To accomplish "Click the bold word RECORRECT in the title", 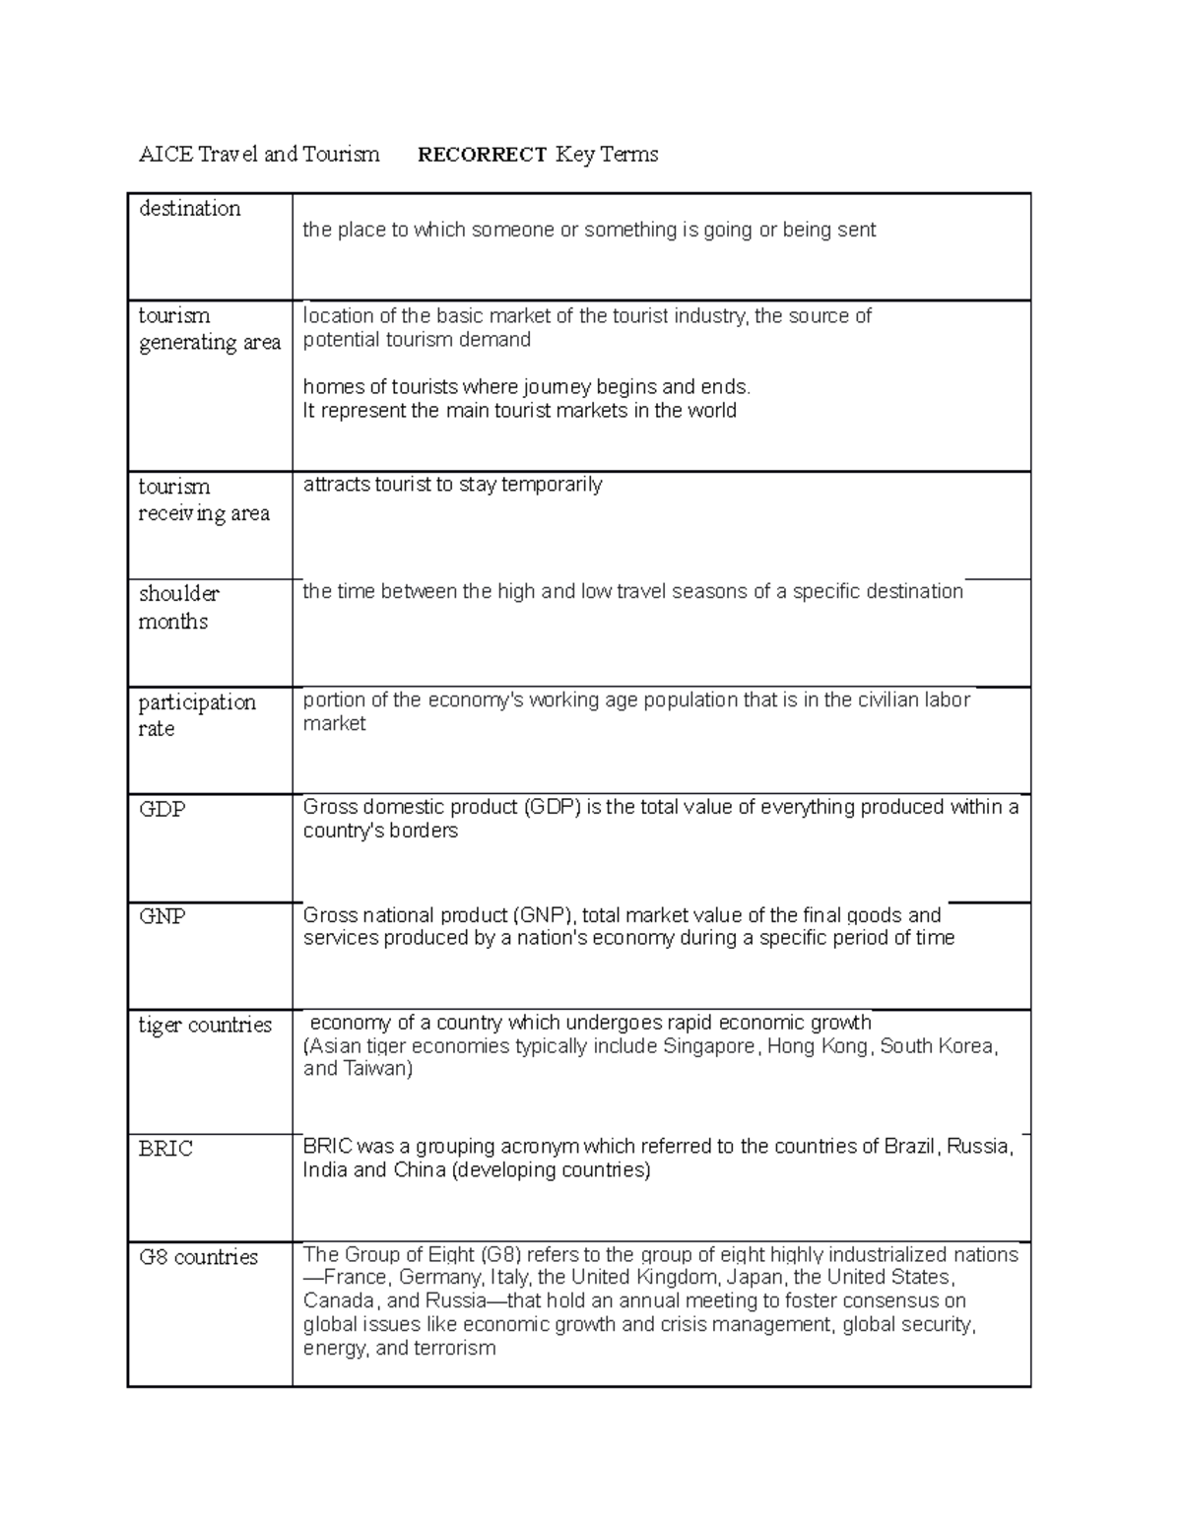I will pos(482,155).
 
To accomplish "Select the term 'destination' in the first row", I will pos(189,209).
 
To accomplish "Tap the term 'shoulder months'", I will pos(178,607).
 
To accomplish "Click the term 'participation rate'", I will pos(196,715).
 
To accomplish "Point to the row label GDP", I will pos(162,809).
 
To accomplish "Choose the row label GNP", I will pos(162,916).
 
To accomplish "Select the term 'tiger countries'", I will pos(204,1025).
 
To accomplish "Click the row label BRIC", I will pos(164,1149).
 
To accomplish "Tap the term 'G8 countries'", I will pos(198,1257).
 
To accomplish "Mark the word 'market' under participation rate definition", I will pos(334,724).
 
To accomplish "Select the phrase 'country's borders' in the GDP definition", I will pos(380,831).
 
